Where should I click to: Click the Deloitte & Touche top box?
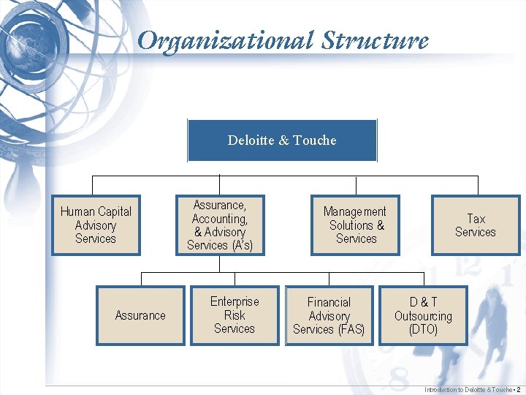282,140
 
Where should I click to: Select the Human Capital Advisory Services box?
96,225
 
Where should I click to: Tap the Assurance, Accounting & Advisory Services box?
220,225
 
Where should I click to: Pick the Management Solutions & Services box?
356,225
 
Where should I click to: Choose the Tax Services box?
476,225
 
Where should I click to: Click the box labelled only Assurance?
140,315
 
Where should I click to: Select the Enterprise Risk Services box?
235,315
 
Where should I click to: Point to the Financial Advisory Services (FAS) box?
329,315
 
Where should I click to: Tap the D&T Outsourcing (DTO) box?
423,315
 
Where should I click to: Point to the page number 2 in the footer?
518,390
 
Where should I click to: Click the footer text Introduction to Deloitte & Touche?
468,390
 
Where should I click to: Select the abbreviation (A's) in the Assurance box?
241,246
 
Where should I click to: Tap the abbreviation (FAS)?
351,330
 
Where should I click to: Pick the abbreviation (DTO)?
423,330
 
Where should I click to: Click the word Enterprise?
235,301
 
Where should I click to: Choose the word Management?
355,211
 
